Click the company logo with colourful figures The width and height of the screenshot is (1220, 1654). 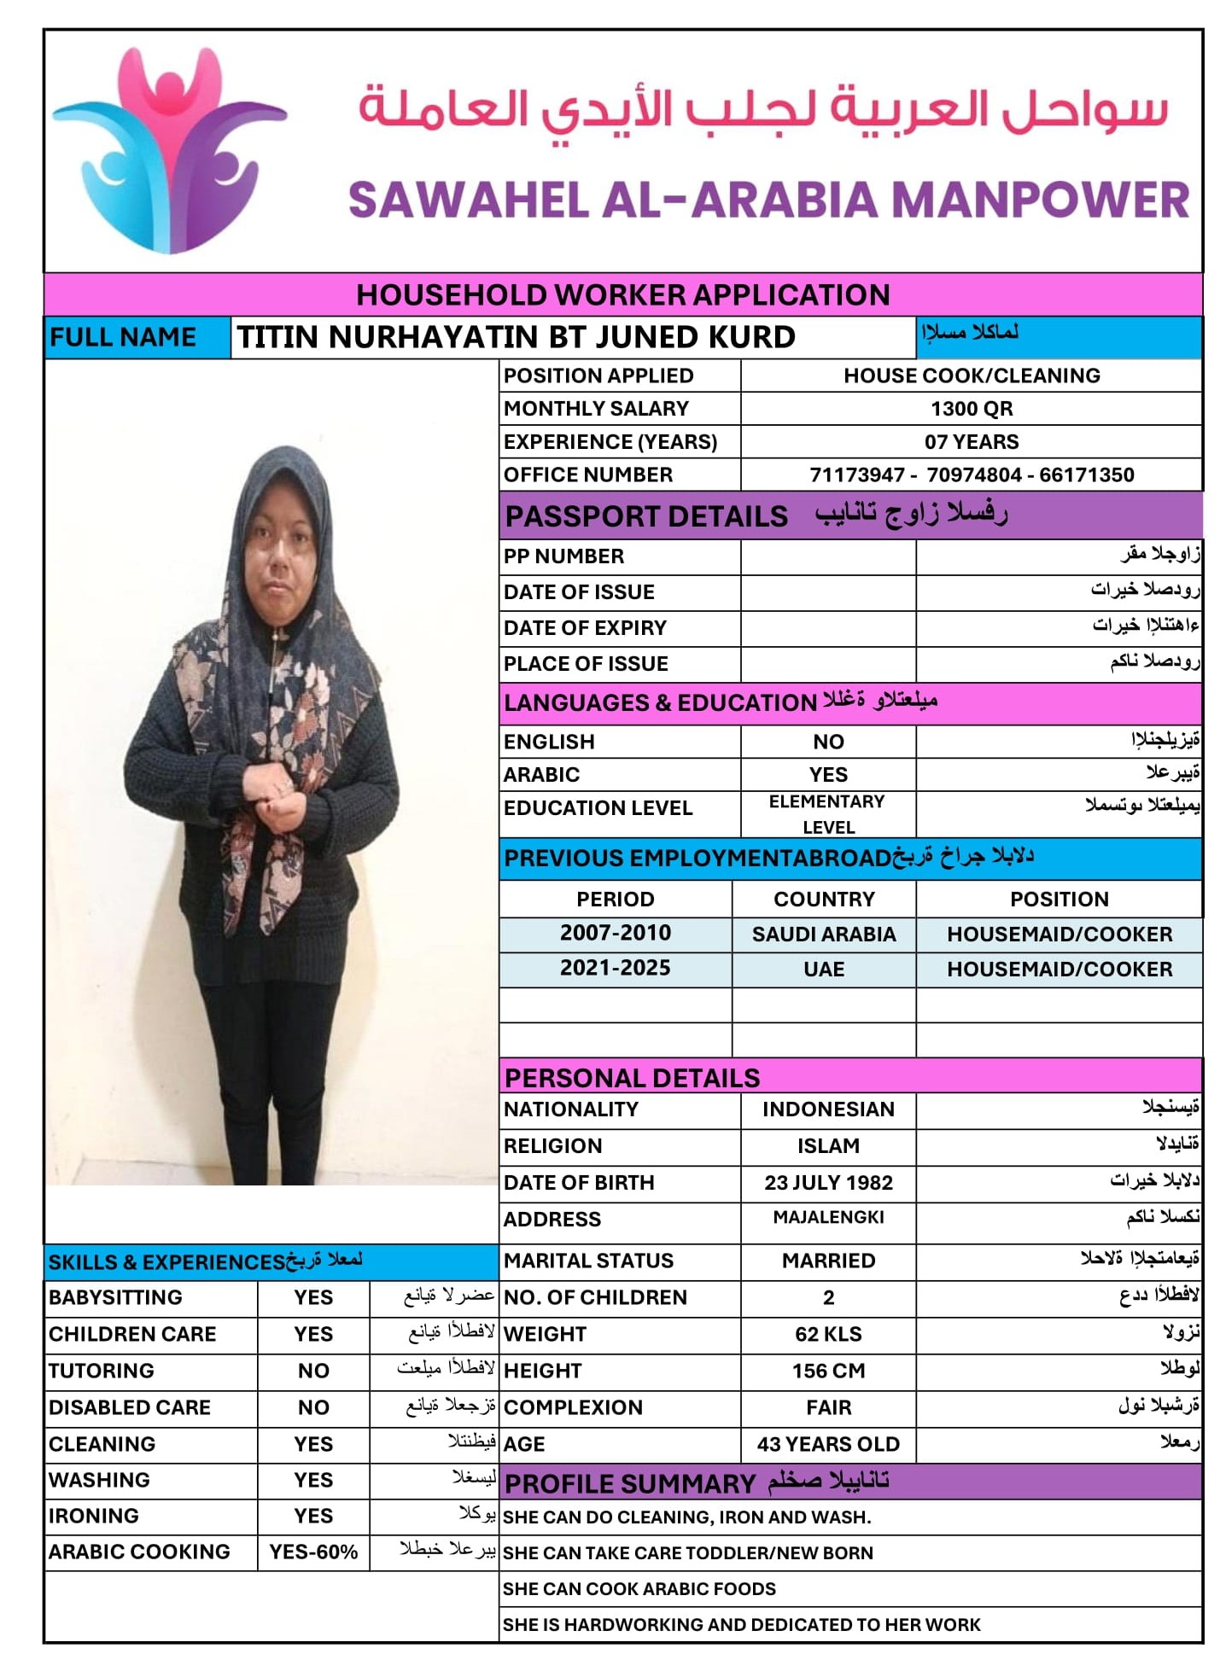(170, 150)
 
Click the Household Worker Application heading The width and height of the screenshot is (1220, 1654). (622, 294)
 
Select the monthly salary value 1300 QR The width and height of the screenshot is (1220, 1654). (971, 409)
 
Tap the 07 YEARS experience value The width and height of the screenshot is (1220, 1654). (971, 442)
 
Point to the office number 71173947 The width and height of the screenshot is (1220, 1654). (856, 475)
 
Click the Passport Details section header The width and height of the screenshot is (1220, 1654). (646, 516)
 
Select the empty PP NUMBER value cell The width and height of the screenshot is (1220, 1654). (827, 556)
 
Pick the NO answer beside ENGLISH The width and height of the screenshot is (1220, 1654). (827, 742)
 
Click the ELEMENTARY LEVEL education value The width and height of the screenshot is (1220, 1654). (827, 814)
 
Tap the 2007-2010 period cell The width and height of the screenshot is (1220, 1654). (615, 933)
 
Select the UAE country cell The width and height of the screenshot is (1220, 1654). (823, 970)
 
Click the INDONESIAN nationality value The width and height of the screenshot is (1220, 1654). (827, 1109)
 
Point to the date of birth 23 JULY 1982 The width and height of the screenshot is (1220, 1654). (827, 1183)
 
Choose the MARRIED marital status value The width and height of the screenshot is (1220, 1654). (827, 1261)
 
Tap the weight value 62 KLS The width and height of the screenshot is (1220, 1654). (827, 1334)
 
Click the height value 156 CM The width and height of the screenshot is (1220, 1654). (827, 1371)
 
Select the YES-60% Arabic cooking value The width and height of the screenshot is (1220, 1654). (313, 1552)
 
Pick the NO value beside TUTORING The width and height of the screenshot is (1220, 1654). (313, 1371)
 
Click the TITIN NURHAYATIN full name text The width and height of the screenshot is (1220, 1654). (516, 337)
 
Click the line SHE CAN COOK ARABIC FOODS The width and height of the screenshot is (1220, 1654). (639, 1588)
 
